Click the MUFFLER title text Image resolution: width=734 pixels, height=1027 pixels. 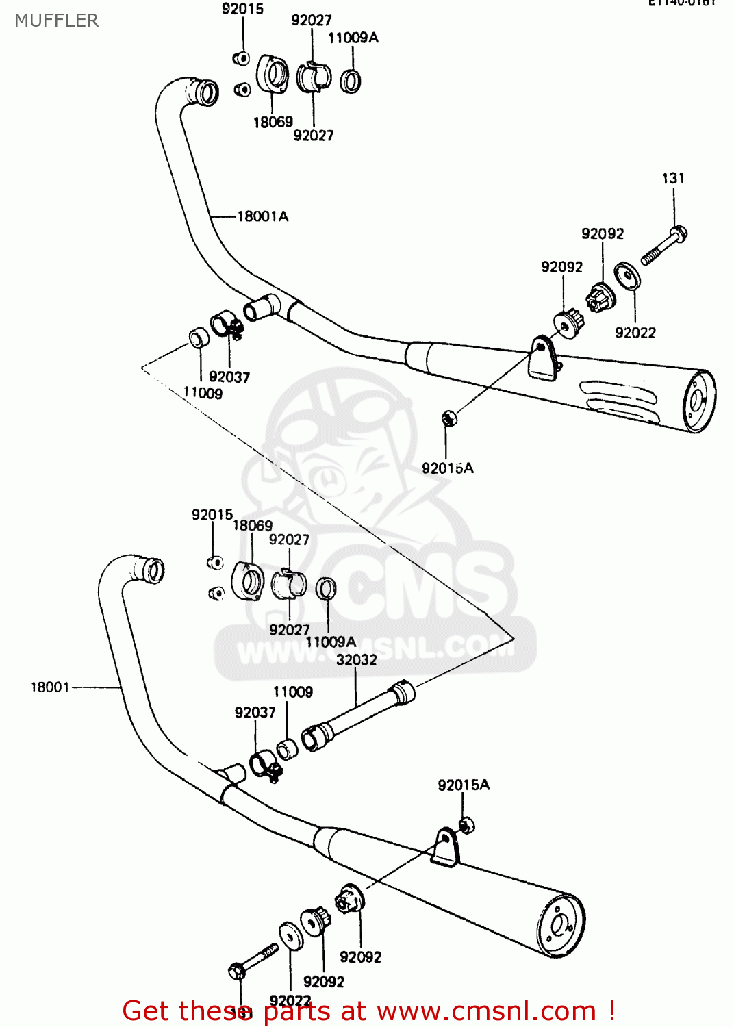coord(57,21)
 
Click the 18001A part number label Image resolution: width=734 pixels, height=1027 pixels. coord(263,216)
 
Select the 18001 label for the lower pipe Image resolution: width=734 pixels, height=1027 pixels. coord(50,687)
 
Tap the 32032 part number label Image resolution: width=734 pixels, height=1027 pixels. coord(356,660)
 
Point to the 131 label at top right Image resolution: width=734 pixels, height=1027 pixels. coord(673,178)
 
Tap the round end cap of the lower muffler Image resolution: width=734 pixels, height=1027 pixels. coord(560,926)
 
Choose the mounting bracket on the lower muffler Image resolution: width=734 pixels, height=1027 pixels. coord(446,846)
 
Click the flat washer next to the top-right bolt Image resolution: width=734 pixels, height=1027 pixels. coord(627,275)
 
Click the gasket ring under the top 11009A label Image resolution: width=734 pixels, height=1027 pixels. coord(351,81)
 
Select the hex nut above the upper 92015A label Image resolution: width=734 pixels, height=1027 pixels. coord(448,418)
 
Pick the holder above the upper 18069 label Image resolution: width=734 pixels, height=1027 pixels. coord(273,74)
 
